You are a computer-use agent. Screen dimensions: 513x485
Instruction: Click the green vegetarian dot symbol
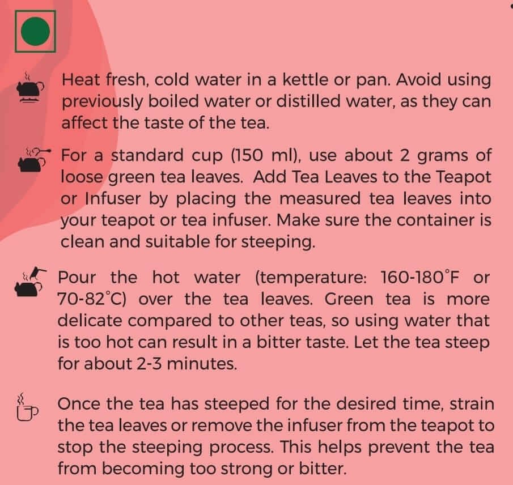35,31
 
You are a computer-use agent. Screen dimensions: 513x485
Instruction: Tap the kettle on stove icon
30,88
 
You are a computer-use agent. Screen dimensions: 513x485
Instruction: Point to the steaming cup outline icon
27,407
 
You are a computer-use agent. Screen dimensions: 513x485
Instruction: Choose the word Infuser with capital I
113,198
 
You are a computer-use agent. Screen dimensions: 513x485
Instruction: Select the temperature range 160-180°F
420,277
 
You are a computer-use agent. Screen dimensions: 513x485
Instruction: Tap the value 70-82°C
92,299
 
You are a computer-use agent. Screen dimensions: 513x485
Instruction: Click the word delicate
90,321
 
